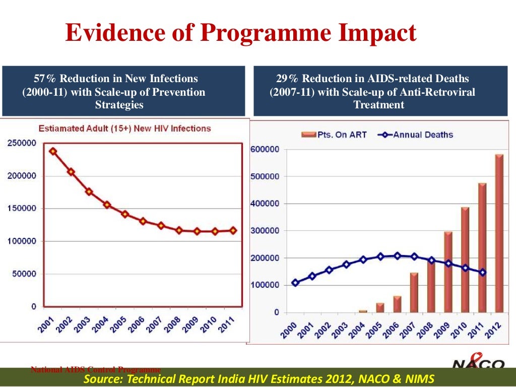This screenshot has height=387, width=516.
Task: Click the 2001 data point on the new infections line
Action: tap(53, 151)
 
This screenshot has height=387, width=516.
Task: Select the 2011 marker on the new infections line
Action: tap(233, 230)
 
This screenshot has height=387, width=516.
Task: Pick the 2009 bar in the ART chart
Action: tap(448, 272)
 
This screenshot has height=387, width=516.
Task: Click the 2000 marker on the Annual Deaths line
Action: tap(295, 283)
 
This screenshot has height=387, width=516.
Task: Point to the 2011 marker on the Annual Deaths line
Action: tap(482, 272)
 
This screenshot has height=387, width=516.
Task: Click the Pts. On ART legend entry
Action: tap(334, 135)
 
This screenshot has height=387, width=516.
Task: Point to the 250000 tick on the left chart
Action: tap(21, 143)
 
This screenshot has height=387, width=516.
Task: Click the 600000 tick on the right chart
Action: tap(265, 150)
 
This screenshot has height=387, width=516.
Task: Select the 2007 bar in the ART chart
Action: tap(414, 292)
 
